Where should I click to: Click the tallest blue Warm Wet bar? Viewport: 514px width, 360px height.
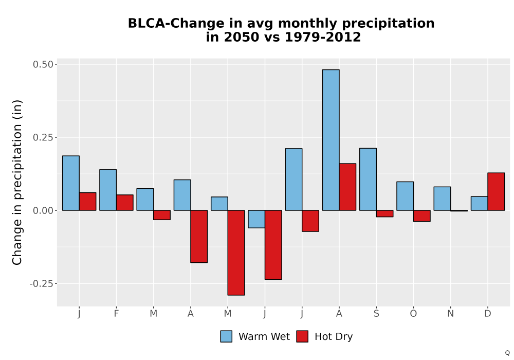331,140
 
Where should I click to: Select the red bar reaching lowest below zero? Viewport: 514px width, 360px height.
236,253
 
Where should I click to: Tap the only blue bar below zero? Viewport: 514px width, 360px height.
256,219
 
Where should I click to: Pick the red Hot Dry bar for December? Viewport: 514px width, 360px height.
496,191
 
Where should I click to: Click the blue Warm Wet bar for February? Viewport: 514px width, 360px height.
108,190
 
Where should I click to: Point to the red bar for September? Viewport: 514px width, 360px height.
384,213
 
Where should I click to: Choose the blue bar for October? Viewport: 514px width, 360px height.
405,196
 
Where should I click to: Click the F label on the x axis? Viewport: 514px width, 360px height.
116,314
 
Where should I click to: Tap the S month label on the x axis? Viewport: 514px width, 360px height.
376,314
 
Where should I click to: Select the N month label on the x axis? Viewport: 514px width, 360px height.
450,314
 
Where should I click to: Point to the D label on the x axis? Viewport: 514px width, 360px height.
488,314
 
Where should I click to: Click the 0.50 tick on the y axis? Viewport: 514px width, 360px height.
43,64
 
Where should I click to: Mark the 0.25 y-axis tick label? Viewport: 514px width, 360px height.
43,137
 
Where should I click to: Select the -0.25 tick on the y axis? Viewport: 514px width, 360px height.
41,283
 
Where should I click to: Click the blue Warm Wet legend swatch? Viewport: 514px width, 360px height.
226,336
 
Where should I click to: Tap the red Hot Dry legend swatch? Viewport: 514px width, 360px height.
302,336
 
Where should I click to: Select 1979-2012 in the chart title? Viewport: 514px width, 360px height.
323,37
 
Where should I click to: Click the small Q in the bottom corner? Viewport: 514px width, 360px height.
507,353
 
